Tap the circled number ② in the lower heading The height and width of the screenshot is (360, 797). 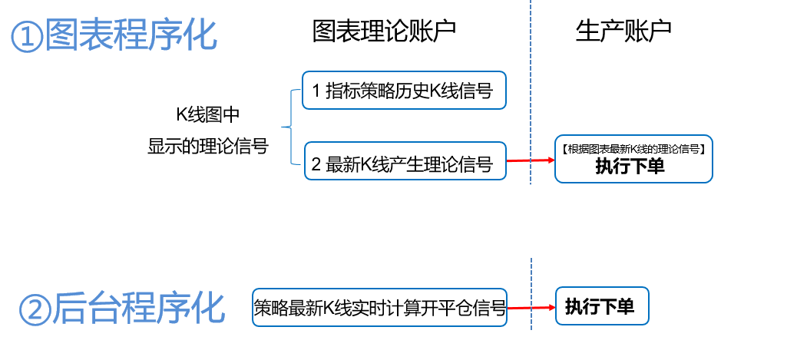pyautogui.click(x=34, y=309)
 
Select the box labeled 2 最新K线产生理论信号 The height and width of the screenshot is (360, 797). pyautogui.click(x=405, y=163)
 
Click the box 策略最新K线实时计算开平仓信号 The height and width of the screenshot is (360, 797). pyautogui.click(x=380, y=309)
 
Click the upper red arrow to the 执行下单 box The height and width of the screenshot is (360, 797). pyautogui.click(x=531, y=160)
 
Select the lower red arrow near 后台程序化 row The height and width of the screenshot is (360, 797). pyautogui.click(x=531, y=308)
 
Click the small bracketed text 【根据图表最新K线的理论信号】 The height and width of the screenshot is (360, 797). pyautogui.click(x=633, y=148)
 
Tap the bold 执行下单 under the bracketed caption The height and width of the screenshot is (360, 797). pyautogui.click(x=630, y=167)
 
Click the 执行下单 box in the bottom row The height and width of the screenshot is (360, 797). pyautogui.click(x=600, y=307)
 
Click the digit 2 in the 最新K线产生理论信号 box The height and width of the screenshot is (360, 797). pyautogui.click(x=316, y=163)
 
